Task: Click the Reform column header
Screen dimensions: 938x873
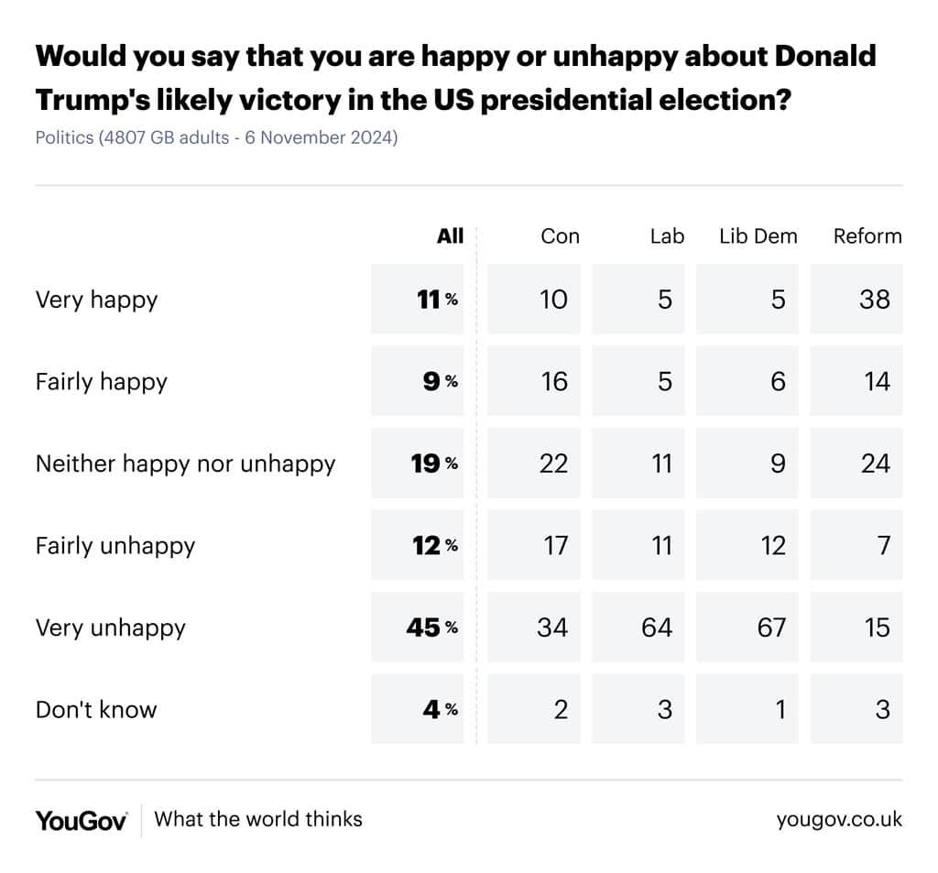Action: (867, 236)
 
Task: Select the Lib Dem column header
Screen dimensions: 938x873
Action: (758, 236)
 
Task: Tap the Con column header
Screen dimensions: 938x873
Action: (560, 236)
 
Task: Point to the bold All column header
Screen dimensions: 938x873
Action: (450, 235)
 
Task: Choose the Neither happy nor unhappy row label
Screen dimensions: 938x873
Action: (185, 464)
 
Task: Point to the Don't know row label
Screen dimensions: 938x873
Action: (96, 710)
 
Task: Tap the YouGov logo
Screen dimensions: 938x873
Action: (82, 821)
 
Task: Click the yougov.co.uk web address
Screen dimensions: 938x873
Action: (839, 819)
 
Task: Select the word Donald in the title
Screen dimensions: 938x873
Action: (825, 56)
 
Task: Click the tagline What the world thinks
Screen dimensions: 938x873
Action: (258, 819)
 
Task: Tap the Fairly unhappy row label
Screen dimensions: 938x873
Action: (115, 546)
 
